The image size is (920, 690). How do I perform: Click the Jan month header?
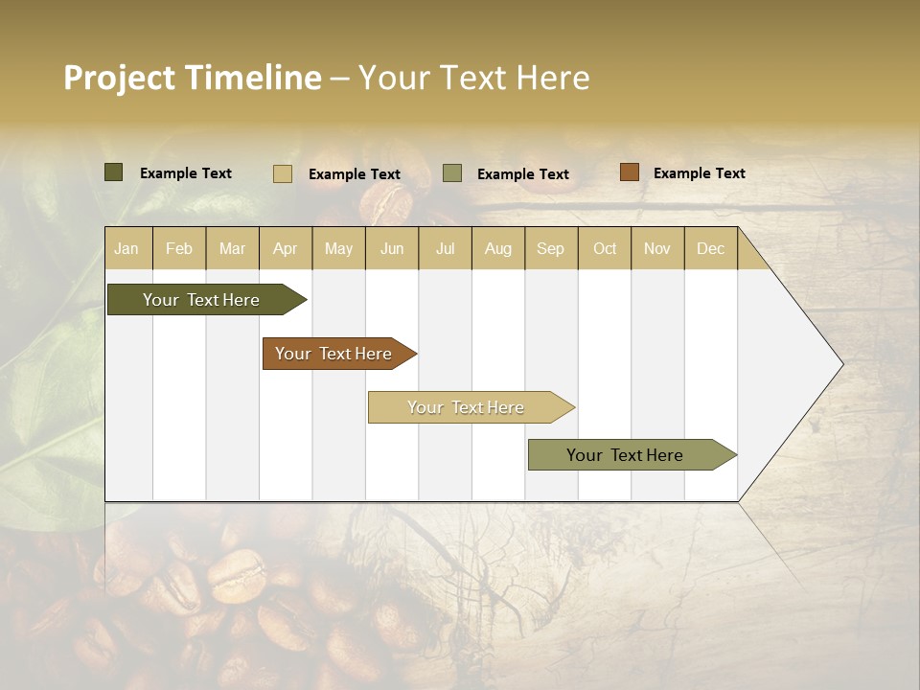126,249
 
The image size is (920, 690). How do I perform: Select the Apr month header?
286,249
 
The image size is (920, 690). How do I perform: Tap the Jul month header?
445,249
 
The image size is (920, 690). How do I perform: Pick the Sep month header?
550,249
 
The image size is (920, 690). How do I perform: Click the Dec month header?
710,249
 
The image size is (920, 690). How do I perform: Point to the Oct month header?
605,249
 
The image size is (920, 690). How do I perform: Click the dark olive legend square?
114,172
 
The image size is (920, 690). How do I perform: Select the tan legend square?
283,173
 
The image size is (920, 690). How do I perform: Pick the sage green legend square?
452,172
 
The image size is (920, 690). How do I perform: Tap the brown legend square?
629,172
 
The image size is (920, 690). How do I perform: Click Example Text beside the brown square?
699,173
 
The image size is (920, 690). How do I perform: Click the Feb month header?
179,249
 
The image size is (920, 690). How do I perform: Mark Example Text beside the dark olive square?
185,173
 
